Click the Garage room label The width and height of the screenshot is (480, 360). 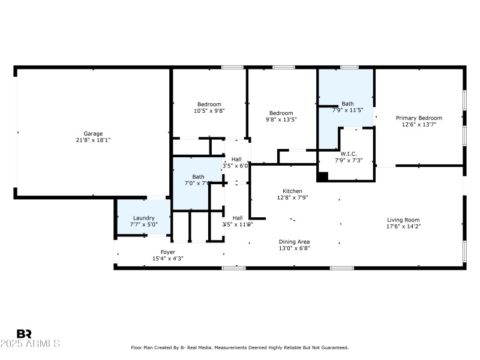pyautogui.click(x=93, y=133)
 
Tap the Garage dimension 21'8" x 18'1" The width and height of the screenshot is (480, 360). pyautogui.click(x=93, y=140)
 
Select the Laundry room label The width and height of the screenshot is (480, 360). pyautogui.click(x=144, y=218)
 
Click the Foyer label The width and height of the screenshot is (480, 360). pyautogui.click(x=167, y=252)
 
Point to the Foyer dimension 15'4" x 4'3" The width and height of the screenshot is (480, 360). pyautogui.click(x=167, y=259)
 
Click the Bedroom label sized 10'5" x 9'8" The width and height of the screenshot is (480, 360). pyautogui.click(x=209, y=104)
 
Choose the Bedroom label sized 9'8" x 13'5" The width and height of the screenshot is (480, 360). pyautogui.click(x=281, y=113)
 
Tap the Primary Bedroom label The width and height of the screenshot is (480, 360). pyautogui.click(x=419, y=118)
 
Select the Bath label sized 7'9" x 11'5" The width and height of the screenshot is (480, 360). pyautogui.click(x=348, y=103)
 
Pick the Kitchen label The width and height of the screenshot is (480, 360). pyautogui.click(x=293, y=191)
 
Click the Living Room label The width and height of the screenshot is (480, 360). pyautogui.click(x=403, y=220)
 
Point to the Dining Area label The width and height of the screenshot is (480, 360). pyautogui.click(x=294, y=241)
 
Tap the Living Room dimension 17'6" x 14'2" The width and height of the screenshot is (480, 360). pyautogui.click(x=403, y=226)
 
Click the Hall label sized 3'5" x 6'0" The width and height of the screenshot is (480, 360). pyautogui.click(x=236, y=159)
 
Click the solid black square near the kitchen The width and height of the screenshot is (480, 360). pyautogui.click(x=323, y=176)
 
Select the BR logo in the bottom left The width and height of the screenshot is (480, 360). pyautogui.click(x=24, y=334)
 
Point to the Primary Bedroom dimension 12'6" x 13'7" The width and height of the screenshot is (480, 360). pyautogui.click(x=419, y=125)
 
